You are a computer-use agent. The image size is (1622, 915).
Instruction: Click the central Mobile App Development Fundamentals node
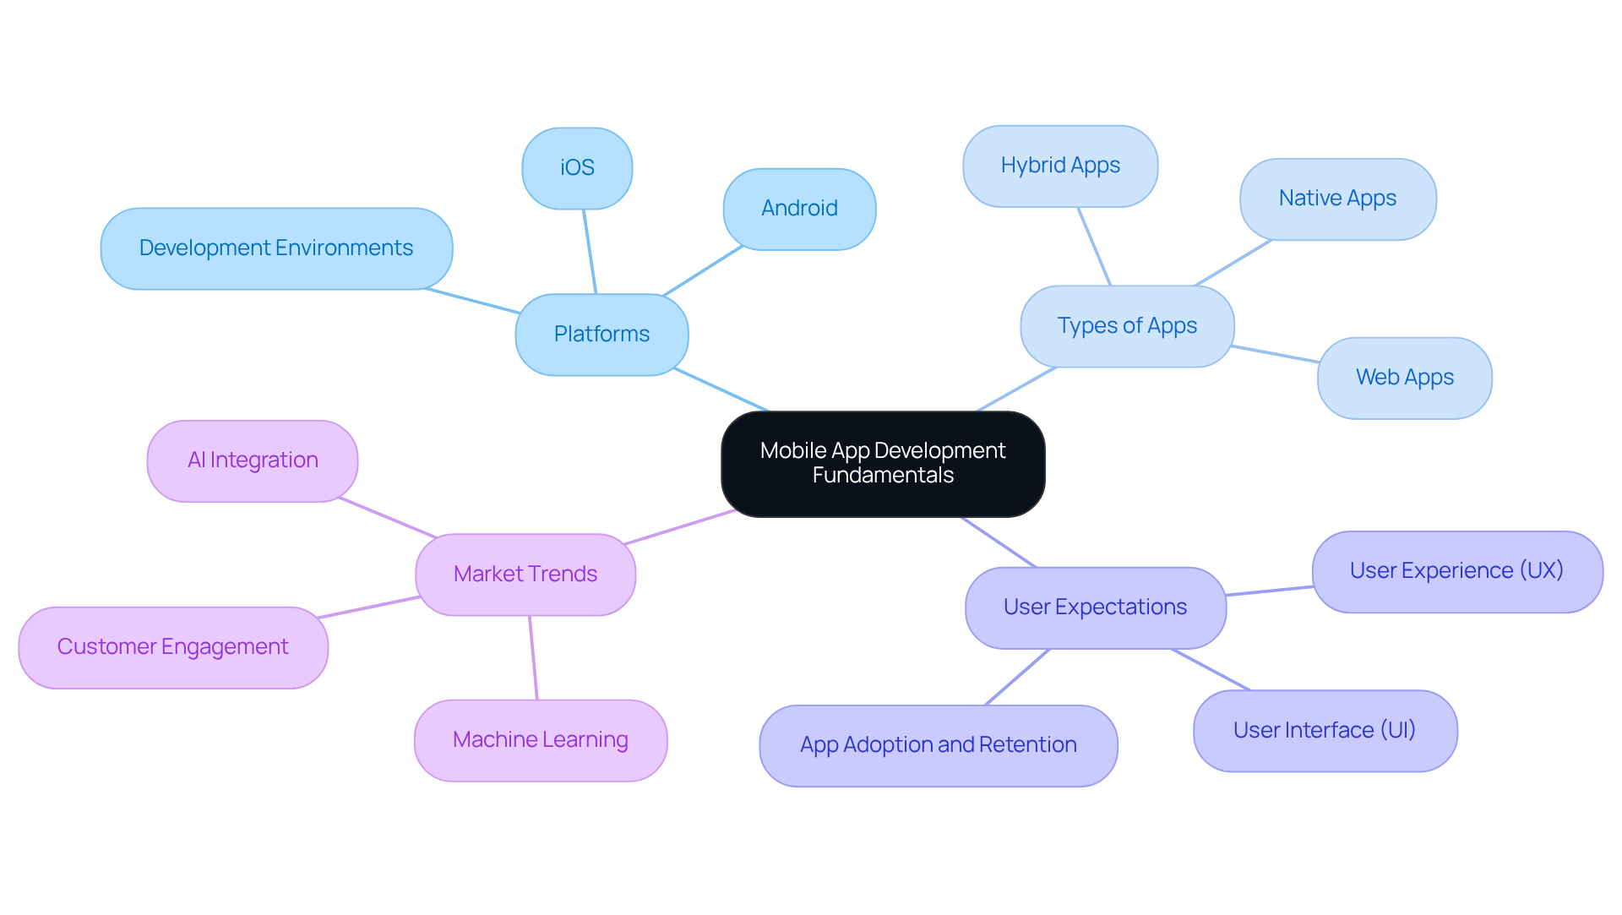pyautogui.click(x=883, y=464)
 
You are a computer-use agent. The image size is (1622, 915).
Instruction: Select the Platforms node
pyautogui.click(x=601, y=335)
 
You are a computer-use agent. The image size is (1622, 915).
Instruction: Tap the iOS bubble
pyautogui.click(x=577, y=168)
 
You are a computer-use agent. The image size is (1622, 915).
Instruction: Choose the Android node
pyautogui.click(x=799, y=209)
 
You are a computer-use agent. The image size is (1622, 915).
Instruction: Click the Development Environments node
pyautogui.click(x=276, y=248)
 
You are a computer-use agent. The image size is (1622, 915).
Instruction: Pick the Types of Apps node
pyautogui.click(x=1127, y=326)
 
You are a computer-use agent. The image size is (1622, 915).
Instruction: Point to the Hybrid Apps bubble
pyautogui.click(x=1060, y=166)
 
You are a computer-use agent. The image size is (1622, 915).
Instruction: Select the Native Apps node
pyautogui.click(x=1337, y=199)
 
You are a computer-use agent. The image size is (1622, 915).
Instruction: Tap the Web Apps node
pyautogui.click(x=1404, y=378)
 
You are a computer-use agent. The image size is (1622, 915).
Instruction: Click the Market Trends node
pyautogui.click(x=525, y=575)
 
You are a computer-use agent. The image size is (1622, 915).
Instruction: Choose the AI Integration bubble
pyautogui.click(x=253, y=460)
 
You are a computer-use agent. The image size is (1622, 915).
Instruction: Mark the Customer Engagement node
pyautogui.click(x=173, y=647)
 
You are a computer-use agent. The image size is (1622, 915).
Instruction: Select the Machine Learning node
pyautogui.click(x=541, y=740)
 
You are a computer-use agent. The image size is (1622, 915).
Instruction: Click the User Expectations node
pyautogui.click(x=1095, y=607)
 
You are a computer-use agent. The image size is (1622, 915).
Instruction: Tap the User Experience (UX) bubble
pyautogui.click(x=1456, y=571)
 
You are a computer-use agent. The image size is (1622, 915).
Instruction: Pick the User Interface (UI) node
pyautogui.click(x=1325, y=731)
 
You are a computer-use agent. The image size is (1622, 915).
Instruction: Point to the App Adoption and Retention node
pyautogui.click(x=938, y=745)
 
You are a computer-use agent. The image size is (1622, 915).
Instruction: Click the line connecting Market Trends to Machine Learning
pyautogui.click(x=533, y=657)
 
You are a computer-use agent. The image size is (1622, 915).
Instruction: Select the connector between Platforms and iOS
pyautogui.click(x=590, y=252)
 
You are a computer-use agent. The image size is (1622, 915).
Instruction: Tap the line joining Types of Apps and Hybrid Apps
pyautogui.click(x=1094, y=247)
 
